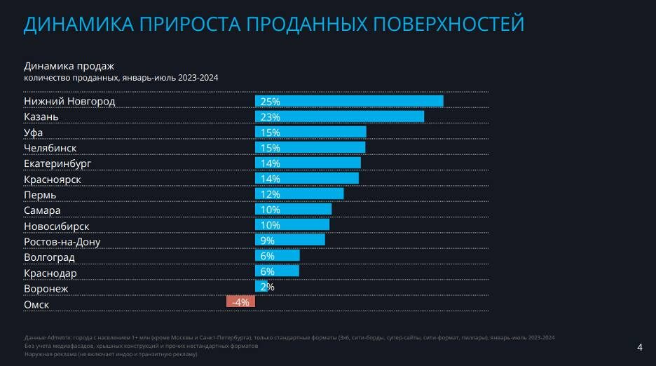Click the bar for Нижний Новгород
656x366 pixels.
pos(349,101)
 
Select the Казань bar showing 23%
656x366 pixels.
pos(339,116)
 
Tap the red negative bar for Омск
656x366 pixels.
pos(240,302)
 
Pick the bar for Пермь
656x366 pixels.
pos(299,194)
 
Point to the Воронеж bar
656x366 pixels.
pos(261,287)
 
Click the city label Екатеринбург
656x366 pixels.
pos(57,164)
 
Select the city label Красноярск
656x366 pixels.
pos(52,179)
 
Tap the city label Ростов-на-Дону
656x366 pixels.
pos(62,242)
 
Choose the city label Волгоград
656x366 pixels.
pos(49,257)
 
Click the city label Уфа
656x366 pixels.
pos(34,133)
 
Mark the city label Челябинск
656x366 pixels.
pos(50,148)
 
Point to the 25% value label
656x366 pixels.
pos(270,102)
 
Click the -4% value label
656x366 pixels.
pos(240,302)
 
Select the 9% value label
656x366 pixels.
pos(267,240)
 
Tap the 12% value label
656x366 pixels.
pos(270,194)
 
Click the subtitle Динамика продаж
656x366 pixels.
pos(64,66)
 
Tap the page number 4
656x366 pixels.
pos(639,347)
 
